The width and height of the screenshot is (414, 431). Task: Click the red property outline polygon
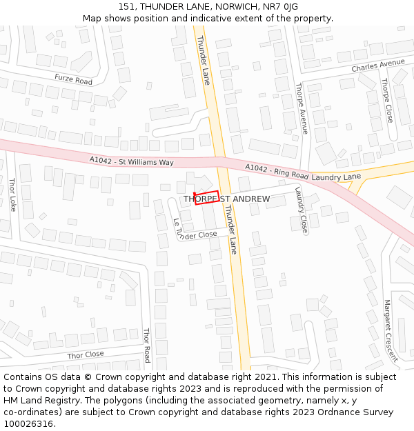coord(207,197)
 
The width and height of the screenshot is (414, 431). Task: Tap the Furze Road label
coord(73,80)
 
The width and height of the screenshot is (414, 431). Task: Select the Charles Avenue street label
coord(377,66)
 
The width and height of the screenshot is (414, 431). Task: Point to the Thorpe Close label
coord(387,101)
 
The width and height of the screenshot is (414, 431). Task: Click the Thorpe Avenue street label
coord(300,108)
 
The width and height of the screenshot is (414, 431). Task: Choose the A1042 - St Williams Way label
coord(131,161)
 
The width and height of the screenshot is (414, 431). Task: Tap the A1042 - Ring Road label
coord(276,172)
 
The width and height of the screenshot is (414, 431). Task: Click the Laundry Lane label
coord(336,177)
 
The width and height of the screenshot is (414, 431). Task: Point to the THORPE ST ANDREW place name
coord(226,199)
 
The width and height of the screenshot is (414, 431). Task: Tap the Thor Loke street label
coord(12,195)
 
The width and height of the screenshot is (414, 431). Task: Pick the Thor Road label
coord(146,345)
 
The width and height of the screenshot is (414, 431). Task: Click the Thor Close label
coord(86,354)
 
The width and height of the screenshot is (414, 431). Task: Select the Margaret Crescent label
coord(391,330)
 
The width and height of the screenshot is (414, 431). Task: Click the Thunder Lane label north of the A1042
coord(203,61)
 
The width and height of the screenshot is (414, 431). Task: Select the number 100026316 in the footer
coord(27,424)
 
